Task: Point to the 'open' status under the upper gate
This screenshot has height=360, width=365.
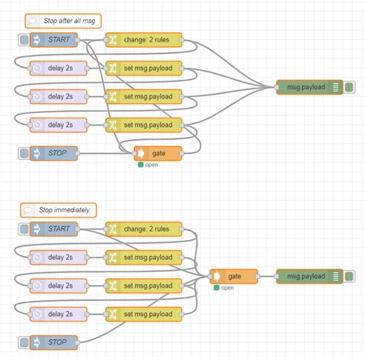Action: [x=151, y=165]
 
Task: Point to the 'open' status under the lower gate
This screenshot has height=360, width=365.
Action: [x=226, y=288]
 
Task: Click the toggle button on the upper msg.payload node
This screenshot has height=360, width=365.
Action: [x=349, y=87]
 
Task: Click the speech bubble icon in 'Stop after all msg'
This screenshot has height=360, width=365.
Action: [x=32, y=21]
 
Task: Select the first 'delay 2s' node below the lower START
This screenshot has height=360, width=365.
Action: [x=59, y=257]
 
